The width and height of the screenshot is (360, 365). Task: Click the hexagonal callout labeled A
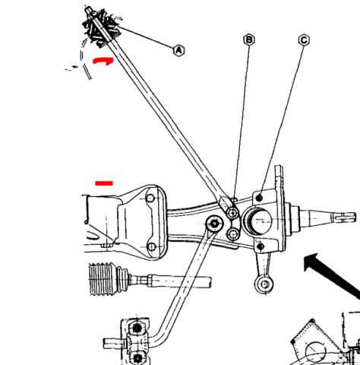179,50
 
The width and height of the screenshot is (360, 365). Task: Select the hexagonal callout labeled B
249,40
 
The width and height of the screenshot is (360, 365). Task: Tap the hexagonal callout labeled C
304,40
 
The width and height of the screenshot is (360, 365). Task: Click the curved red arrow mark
103,61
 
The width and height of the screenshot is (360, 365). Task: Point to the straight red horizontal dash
104,183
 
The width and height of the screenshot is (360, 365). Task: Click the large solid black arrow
332,271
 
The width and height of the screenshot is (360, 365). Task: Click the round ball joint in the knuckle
257,221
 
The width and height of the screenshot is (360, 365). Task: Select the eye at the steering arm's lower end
264,284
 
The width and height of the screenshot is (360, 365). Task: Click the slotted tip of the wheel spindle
345,217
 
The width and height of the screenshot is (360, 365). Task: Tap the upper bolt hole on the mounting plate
150,198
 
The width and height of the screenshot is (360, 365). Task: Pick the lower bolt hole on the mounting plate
151,246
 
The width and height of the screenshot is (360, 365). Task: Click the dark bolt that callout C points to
259,198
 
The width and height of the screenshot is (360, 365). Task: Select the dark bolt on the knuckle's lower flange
261,246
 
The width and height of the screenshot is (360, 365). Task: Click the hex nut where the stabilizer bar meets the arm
214,224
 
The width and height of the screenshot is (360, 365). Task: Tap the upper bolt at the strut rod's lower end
232,213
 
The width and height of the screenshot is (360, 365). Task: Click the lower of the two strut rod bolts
233,234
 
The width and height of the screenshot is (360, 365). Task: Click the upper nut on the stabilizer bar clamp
137,328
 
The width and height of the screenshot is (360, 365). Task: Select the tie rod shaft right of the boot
170,281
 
